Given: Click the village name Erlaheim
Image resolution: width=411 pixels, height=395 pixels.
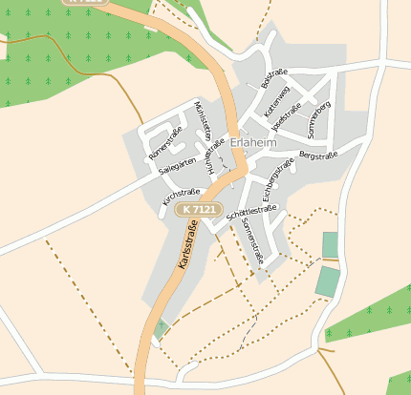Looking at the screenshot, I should click(x=253, y=143).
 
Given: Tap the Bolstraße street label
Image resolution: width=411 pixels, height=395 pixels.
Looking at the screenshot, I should click(x=274, y=77).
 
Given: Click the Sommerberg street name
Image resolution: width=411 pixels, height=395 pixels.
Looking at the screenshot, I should click(x=319, y=117).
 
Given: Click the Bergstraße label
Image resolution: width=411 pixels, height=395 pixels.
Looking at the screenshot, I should click(x=317, y=153).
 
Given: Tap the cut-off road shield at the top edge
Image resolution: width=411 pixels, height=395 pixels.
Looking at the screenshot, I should click(x=85, y=3).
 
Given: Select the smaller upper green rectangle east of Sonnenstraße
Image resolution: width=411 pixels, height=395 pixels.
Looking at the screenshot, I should click(x=330, y=245).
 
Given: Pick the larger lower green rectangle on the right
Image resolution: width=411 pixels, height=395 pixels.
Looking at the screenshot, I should click(x=328, y=281).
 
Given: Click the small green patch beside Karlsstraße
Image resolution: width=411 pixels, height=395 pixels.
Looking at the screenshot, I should click(x=161, y=328).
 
